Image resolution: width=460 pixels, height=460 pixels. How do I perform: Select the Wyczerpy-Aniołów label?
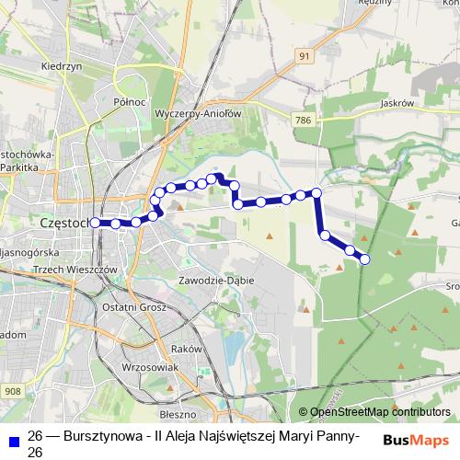[198, 113]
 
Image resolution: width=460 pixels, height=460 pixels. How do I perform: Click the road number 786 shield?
[304, 120]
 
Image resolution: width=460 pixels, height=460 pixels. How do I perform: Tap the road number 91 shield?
[305, 56]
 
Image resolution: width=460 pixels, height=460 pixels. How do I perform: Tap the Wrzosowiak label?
[149, 366]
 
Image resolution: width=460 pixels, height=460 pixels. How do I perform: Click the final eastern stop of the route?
[364, 259]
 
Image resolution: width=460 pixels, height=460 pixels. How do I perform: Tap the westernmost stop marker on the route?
[95, 222]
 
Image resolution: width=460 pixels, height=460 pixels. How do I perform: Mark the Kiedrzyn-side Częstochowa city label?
[64, 222]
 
